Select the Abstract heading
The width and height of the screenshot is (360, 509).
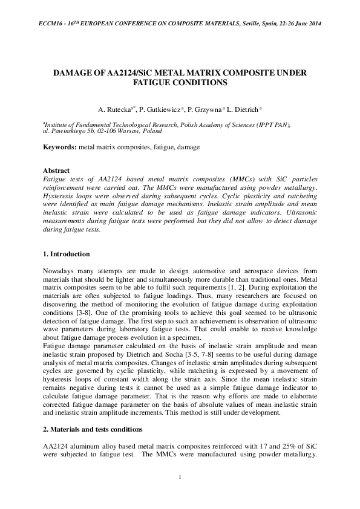click(x=57, y=170)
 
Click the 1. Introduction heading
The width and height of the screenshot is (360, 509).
click(x=67, y=254)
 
